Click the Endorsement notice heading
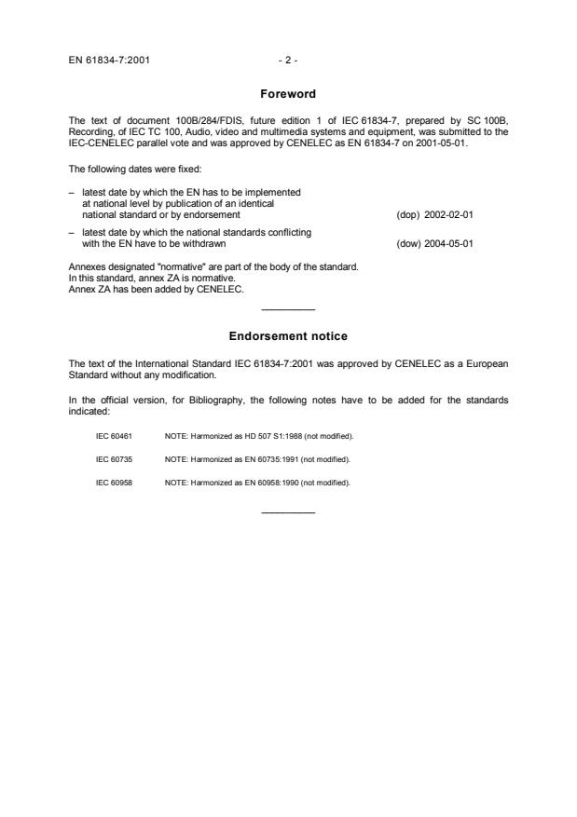pyautogui.click(x=288, y=334)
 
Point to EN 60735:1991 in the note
pyautogui.click(x=254, y=459)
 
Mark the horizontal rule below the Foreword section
pyautogui.click(x=288, y=309)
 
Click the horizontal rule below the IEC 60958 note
pyautogui.click(x=288, y=511)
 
